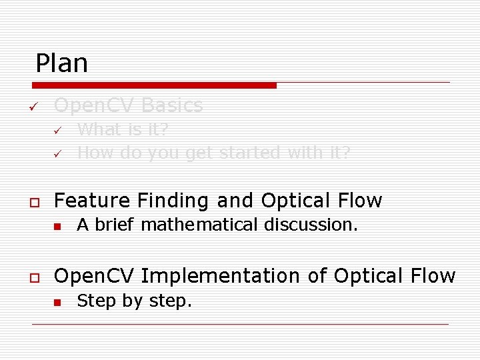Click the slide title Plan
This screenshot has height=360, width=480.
pyautogui.click(x=61, y=63)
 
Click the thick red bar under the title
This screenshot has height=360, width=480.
pyautogui.click(x=155, y=85)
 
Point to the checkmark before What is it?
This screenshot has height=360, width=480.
pyautogui.click(x=57, y=130)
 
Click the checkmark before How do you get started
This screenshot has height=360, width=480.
pyautogui.click(x=57, y=154)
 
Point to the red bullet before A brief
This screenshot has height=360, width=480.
pyautogui.click(x=58, y=225)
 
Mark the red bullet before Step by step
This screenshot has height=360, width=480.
pyautogui.click(x=58, y=302)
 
